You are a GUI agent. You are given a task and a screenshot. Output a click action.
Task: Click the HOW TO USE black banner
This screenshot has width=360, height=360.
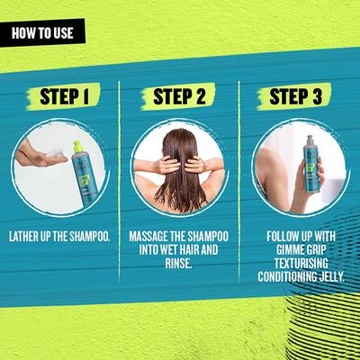[x=42, y=32]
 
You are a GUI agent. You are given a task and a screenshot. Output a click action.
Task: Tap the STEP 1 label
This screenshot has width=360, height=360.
[x=64, y=96]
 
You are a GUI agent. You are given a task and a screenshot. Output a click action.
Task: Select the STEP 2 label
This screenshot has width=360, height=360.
[x=179, y=96]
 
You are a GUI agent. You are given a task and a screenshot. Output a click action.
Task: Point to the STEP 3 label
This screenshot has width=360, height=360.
[x=295, y=96]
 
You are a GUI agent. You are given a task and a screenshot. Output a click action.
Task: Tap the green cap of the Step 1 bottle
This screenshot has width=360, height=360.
[x=77, y=146]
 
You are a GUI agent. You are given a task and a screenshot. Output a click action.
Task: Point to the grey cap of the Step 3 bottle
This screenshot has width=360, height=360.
[x=310, y=139]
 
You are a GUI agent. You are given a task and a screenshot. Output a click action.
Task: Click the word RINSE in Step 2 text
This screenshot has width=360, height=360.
[x=178, y=263]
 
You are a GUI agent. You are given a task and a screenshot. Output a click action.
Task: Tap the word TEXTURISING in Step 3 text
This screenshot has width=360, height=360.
[x=301, y=263]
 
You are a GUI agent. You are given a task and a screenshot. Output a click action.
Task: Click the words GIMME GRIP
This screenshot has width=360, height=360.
[x=301, y=250]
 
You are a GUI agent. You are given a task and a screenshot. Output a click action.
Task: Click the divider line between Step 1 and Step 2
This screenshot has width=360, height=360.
[x=119, y=181]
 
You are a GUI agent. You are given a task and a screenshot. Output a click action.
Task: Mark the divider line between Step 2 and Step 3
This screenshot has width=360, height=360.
[x=239, y=181]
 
